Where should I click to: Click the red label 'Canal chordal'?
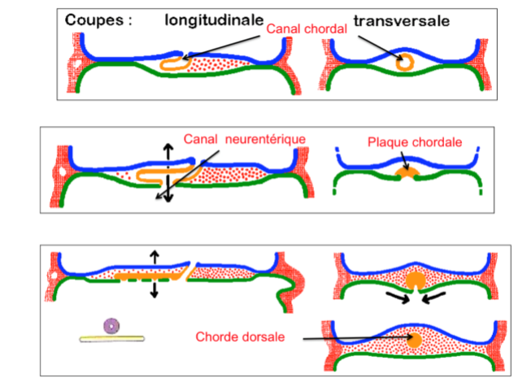point(307,29)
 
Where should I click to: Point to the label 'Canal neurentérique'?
point(244,139)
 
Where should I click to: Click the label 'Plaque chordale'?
point(415,142)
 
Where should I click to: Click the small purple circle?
point(112,326)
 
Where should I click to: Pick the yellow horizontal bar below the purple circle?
point(112,337)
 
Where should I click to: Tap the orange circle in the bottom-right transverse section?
point(415,338)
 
